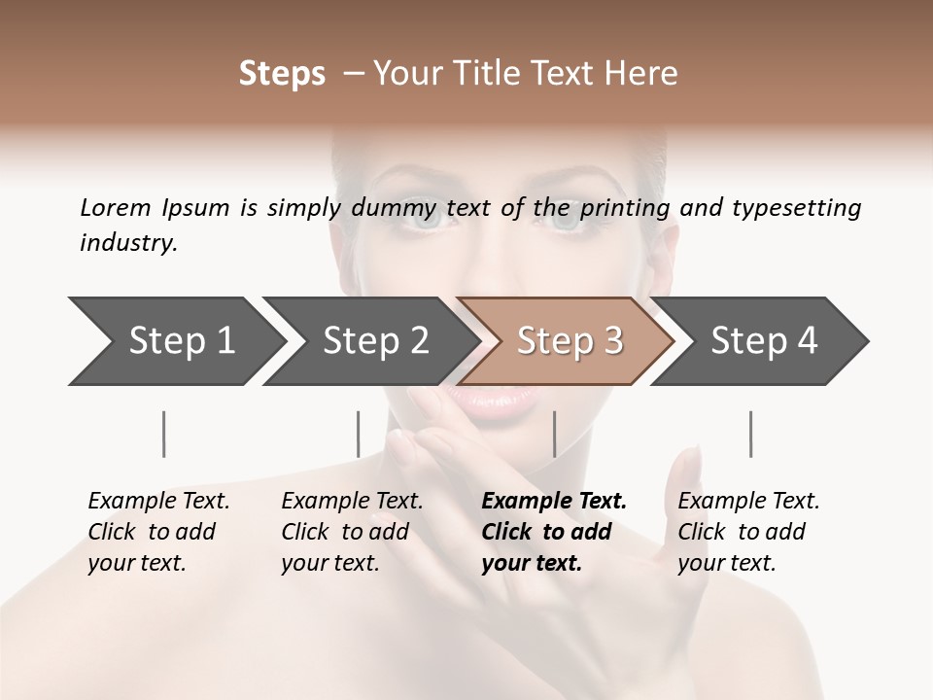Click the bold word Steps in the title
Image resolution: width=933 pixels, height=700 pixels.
coord(282,74)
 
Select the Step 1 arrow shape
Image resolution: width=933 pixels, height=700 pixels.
coord(175,341)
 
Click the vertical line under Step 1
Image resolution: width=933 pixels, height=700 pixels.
coord(164,434)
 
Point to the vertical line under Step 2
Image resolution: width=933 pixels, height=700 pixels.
coord(359,434)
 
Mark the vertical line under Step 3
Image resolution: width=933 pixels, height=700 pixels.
coord(554,434)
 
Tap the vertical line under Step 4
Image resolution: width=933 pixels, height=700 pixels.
coord(750,434)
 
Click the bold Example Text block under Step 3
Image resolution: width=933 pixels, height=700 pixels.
coord(554,532)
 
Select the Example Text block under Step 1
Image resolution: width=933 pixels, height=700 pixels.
coord(158,532)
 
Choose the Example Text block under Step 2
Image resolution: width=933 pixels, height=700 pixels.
coord(352,532)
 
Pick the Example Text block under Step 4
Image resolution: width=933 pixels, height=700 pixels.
coord(748,532)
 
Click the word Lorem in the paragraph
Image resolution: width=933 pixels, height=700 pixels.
coord(115,207)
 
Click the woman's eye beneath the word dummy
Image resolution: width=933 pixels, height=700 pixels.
coord(425,220)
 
